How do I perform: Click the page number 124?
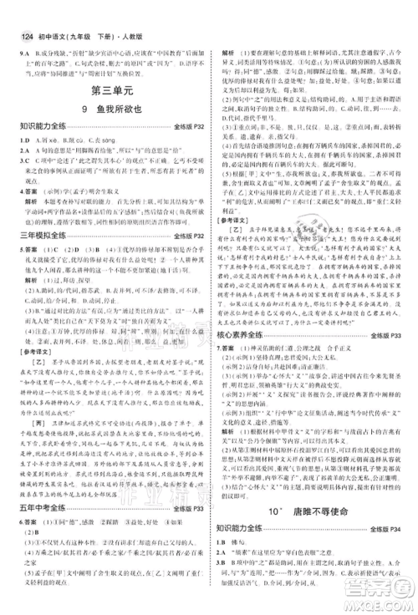point(16,11)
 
